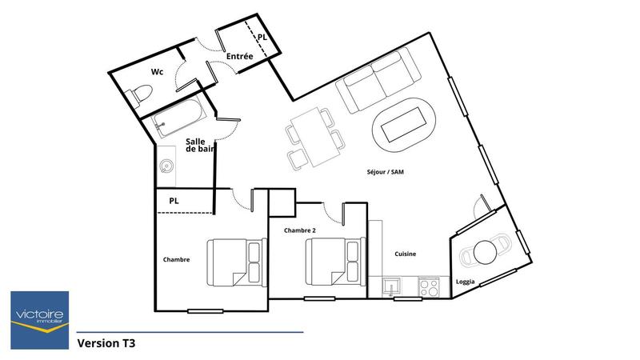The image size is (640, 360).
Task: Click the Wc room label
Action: pyautogui.click(x=158, y=72)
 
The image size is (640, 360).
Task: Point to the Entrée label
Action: pyautogui.click(x=239, y=57)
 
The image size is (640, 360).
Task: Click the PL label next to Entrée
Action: pyautogui.click(x=262, y=37)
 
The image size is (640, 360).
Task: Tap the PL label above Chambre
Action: pyautogui.click(x=174, y=201)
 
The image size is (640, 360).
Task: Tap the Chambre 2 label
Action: pyautogui.click(x=300, y=230)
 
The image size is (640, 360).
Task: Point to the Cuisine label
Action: pyautogui.click(x=405, y=254)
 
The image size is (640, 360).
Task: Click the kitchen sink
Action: pyautogui.click(x=392, y=286)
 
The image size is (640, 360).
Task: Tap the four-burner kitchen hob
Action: pyautogui.click(x=428, y=286)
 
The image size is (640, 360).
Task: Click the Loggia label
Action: pyautogui.click(x=466, y=282)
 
